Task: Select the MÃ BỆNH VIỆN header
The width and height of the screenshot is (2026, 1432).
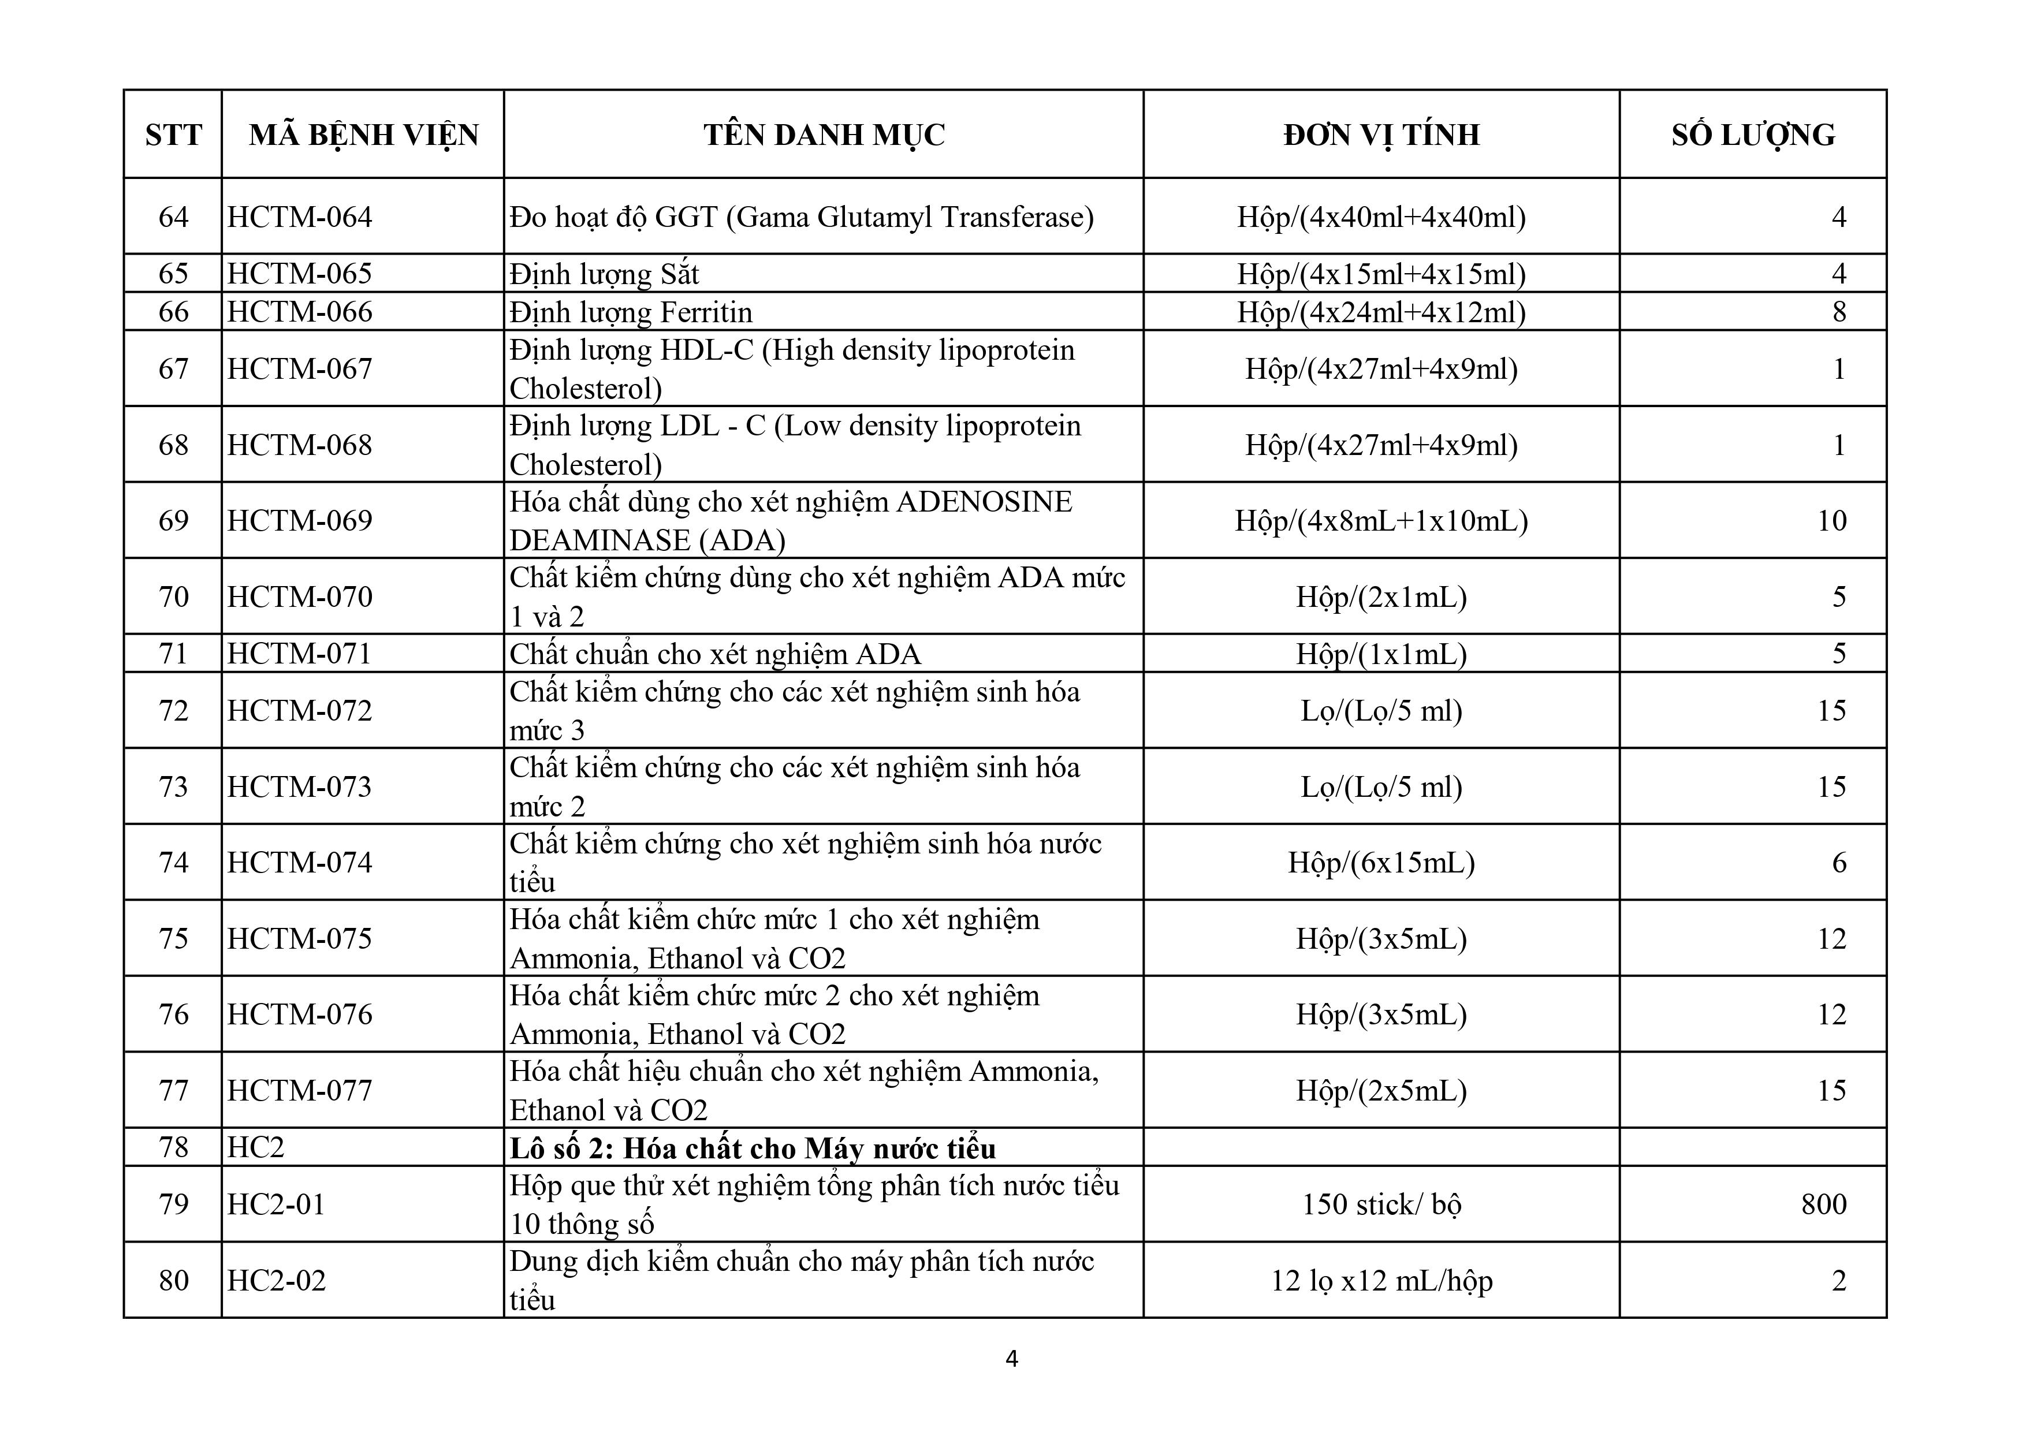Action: pos(363,135)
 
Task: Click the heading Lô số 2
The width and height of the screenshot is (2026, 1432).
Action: pos(753,1148)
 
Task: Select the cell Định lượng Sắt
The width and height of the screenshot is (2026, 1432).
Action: pos(605,274)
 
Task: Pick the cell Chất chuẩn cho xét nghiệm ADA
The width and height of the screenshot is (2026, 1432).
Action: pos(715,654)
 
